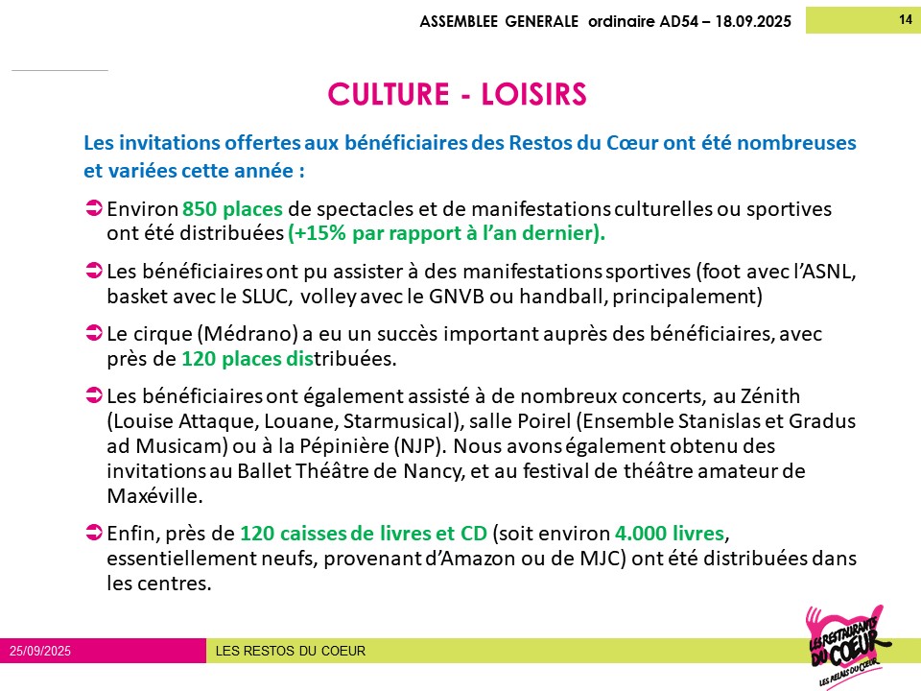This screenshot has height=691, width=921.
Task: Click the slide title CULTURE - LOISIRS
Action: coord(456,95)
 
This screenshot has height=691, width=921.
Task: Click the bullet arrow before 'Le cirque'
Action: coord(94,334)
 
